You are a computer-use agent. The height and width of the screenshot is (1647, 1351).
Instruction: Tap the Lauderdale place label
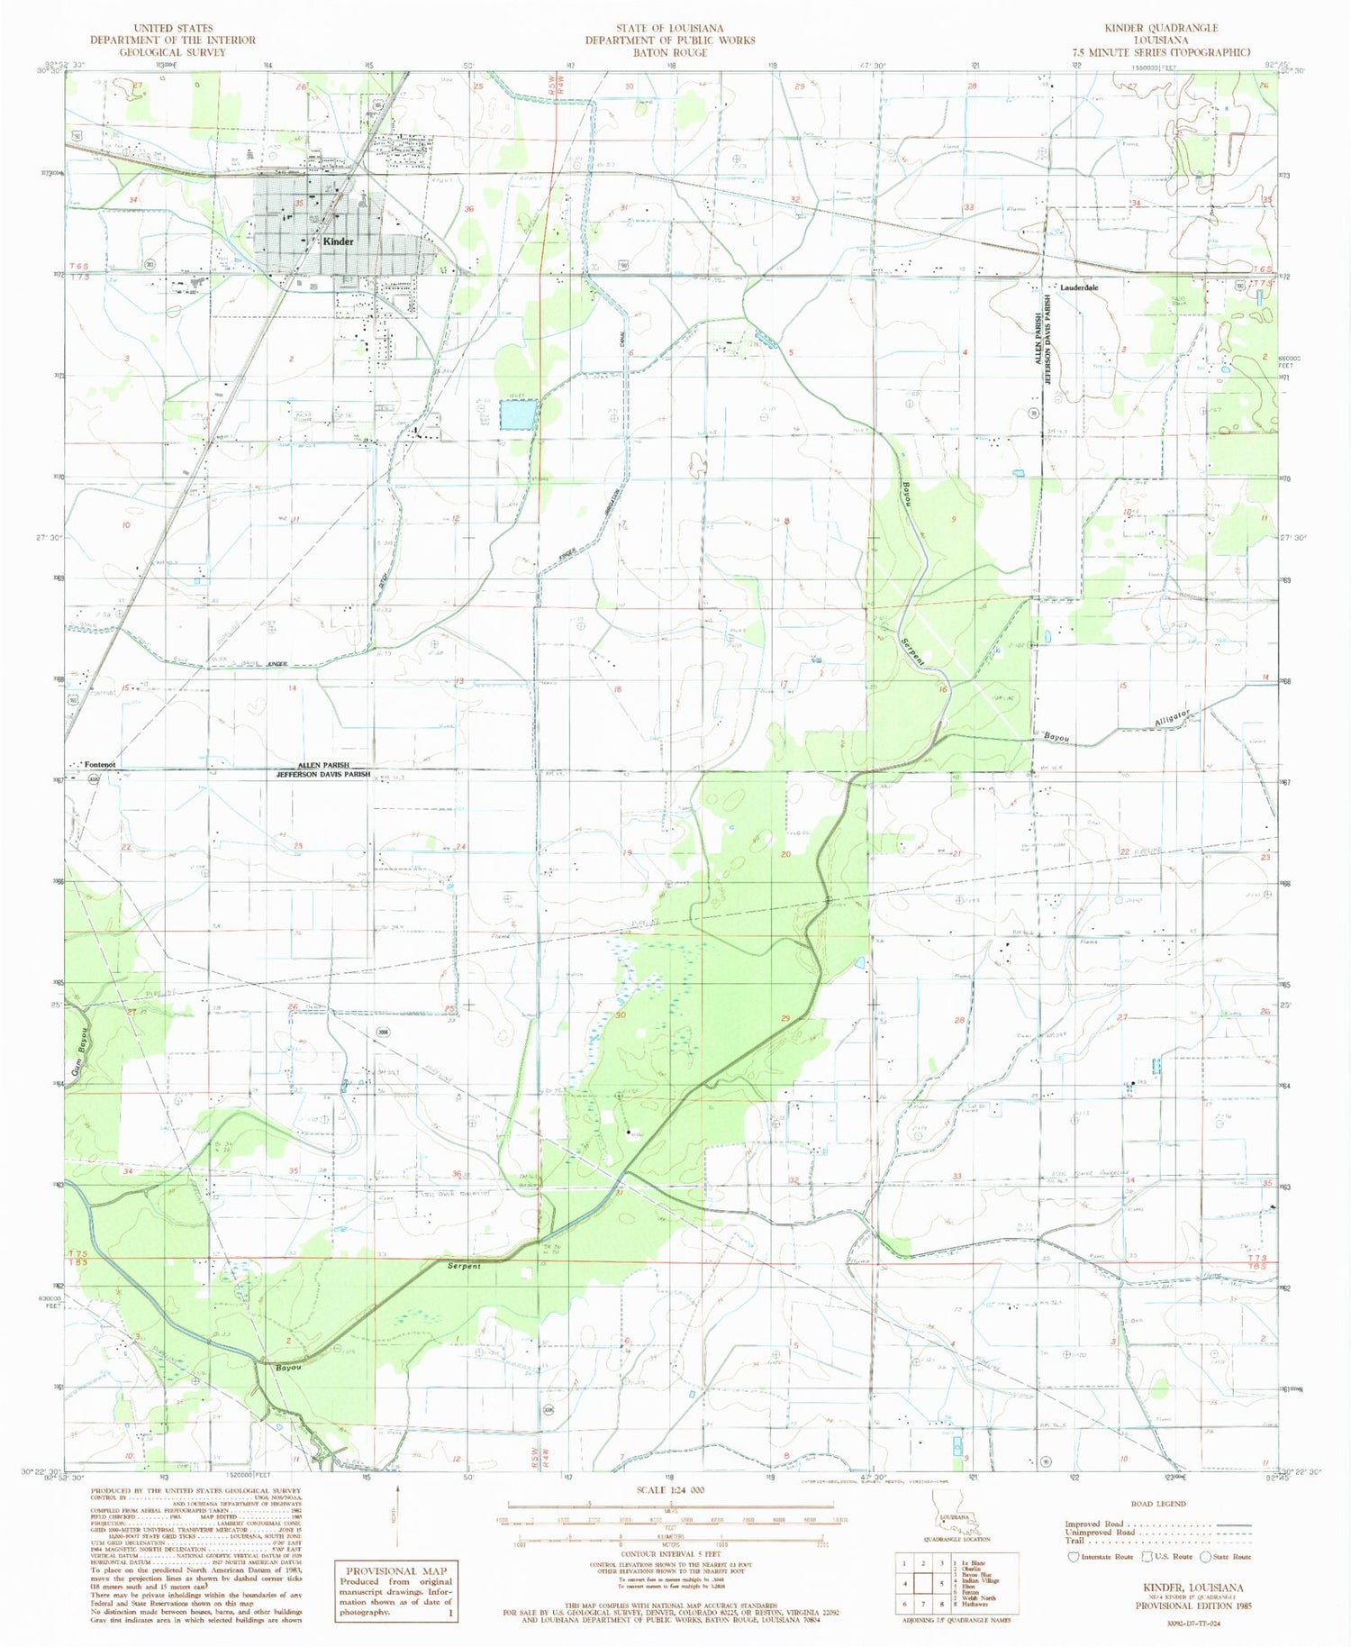tap(1079, 287)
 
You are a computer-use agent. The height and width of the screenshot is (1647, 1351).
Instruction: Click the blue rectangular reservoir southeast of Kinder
tap(518, 415)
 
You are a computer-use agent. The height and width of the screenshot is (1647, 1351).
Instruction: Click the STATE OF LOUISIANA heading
tap(669, 29)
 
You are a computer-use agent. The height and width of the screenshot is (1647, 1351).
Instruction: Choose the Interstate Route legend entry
tap(1102, 1556)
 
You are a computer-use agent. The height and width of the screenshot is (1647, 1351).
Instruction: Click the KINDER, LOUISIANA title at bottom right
tap(1192, 1588)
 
